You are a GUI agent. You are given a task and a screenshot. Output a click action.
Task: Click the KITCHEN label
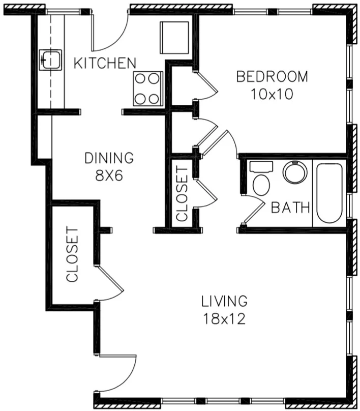(105, 64)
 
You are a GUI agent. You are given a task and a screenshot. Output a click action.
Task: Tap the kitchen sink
(50, 60)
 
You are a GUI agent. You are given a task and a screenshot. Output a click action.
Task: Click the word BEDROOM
(272, 77)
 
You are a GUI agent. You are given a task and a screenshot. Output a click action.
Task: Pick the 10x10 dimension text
(272, 95)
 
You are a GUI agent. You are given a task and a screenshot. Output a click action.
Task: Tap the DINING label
(109, 158)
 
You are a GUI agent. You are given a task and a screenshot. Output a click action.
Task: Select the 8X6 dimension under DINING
(109, 175)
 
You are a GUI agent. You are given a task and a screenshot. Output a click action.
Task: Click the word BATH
(290, 208)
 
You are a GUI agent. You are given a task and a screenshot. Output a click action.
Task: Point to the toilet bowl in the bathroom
(261, 185)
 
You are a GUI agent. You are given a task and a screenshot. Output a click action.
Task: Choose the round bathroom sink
(295, 172)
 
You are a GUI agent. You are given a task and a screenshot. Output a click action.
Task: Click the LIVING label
(224, 301)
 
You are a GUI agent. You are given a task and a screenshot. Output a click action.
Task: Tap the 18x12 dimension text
(224, 319)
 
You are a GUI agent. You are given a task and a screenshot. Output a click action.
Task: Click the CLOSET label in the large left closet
(73, 254)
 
